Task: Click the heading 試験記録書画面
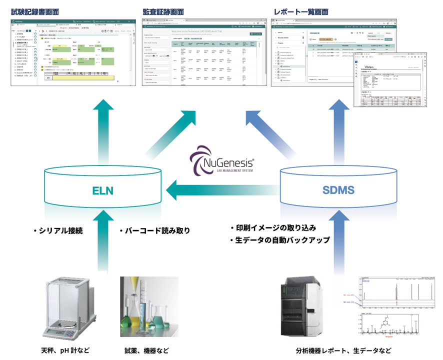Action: [36, 11]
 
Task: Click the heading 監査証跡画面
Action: [163, 11]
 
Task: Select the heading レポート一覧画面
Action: [300, 11]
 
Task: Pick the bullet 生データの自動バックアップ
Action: [280, 240]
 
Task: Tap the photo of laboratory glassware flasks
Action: [146, 306]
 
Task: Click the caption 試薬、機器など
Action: [147, 350]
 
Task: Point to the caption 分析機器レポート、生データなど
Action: [343, 350]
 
